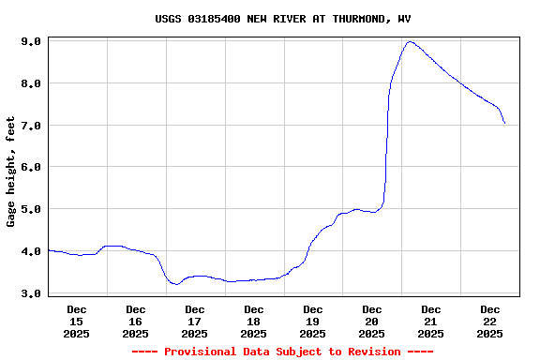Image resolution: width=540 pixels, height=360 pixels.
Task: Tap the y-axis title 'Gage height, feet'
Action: pyautogui.click(x=11, y=172)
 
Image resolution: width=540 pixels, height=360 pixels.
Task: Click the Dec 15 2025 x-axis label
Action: pyautogui.click(x=77, y=321)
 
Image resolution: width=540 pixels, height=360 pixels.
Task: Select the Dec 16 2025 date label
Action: pyautogui.click(x=136, y=321)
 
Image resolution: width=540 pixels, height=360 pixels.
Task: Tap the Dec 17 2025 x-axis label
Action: pyautogui.click(x=195, y=321)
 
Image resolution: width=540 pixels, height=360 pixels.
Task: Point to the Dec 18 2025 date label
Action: pyautogui.click(x=254, y=321)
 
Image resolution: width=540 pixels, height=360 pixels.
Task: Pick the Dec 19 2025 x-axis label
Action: pyautogui.click(x=313, y=321)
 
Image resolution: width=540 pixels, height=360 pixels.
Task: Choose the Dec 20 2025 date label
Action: pyautogui.click(x=372, y=321)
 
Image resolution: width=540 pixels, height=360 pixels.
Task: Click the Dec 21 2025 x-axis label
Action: pyautogui.click(x=431, y=321)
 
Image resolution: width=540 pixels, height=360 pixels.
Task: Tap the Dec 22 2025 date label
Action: pyautogui.click(x=490, y=321)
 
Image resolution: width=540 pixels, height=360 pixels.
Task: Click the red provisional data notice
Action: pyautogui.click(x=282, y=352)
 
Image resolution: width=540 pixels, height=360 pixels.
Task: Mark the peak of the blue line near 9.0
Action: pyautogui.click(x=410, y=41)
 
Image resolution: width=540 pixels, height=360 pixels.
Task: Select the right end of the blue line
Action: pyautogui.click(x=504, y=123)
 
